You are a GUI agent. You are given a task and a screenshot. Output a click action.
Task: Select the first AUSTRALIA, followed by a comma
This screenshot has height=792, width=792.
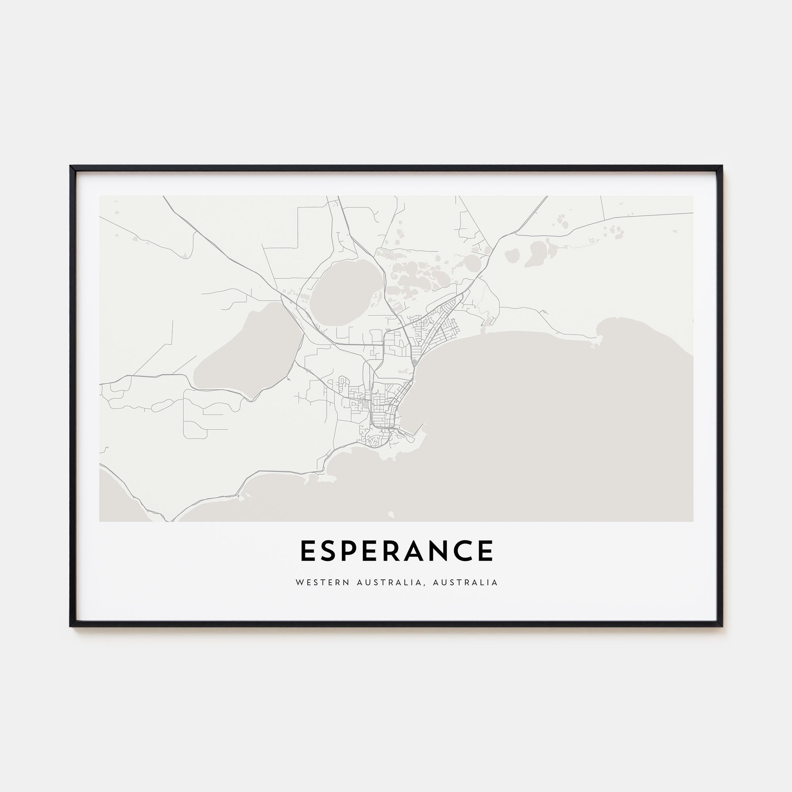tap(388, 583)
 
